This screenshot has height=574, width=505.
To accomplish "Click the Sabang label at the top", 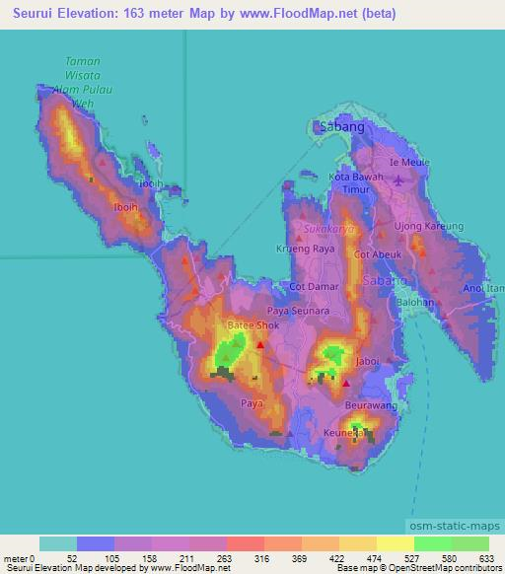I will point(341,127).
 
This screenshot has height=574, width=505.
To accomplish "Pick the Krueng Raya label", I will point(301,250).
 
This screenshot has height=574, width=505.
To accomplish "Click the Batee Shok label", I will point(253,324).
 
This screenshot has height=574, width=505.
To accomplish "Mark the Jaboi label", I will point(367,362).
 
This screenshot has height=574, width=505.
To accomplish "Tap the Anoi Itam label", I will point(484,288).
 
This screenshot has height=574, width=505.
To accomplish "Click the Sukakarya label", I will point(328,229).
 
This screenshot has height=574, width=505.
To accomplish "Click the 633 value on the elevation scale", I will point(486,558).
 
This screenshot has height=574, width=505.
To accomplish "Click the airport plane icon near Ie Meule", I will point(398,179).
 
